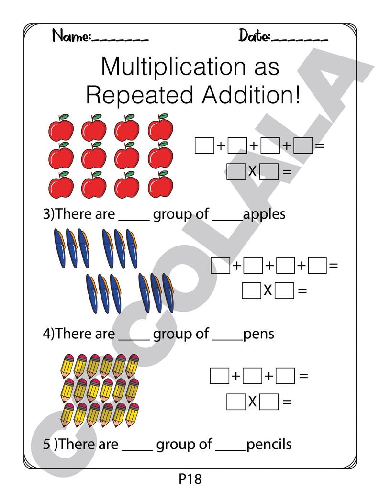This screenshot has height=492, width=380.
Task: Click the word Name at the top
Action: tap(71, 35)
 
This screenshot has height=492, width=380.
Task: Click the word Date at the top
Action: tap(254, 35)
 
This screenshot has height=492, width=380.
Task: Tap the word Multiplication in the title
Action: tap(173, 67)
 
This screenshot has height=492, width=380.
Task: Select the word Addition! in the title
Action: tap(251, 95)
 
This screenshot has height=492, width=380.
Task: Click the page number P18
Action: tap(190, 479)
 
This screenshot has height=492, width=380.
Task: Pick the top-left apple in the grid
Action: tap(61, 128)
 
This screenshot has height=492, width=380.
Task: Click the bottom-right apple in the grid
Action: tap(160, 185)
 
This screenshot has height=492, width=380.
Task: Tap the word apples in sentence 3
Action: tap(264, 214)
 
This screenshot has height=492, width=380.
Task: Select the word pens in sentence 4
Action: tap(258, 334)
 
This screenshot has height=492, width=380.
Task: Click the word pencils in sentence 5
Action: tap(269, 444)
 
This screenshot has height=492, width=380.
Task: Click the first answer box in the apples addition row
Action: tap(204, 145)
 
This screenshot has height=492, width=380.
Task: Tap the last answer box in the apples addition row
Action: tap(303, 145)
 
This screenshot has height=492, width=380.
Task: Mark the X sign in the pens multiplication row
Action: tap(268, 290)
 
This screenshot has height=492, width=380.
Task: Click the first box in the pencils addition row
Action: tap(219, 376)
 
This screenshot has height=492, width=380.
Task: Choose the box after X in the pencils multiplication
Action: tap(269, 402)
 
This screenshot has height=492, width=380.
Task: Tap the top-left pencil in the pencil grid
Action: tap(67, 366)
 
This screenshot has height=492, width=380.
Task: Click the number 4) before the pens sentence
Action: tap(49, 334)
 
